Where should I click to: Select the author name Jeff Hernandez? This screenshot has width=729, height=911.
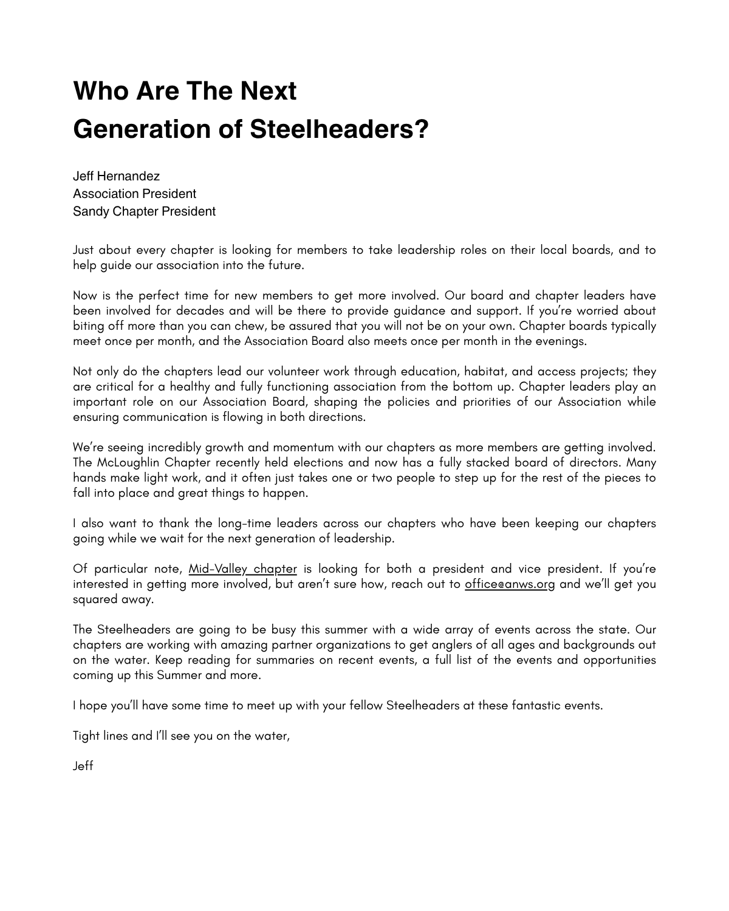(116, 176)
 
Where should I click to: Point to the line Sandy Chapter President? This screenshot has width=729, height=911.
(144, 211)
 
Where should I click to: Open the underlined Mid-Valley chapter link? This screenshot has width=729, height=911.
(242, 569)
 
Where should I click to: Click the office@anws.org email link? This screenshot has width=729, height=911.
(510, 584)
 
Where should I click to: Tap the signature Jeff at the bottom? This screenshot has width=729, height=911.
(83, 766)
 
